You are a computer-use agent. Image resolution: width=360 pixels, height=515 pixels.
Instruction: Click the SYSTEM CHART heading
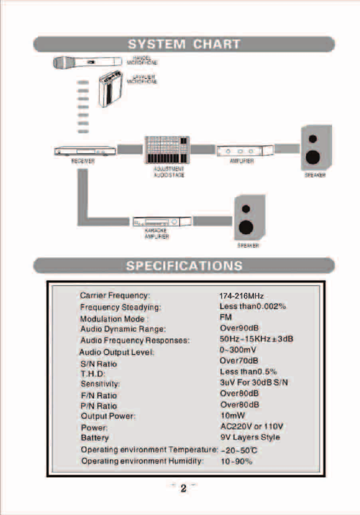pos(184,44)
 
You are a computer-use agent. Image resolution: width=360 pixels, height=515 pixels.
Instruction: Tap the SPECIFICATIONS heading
pos(184,265)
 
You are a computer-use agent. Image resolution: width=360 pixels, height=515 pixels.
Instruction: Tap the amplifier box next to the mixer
pos(244,151)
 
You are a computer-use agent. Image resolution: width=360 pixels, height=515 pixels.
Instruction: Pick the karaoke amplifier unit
pos(162,221)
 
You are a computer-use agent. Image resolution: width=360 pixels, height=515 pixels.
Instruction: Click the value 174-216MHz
pos(241,296)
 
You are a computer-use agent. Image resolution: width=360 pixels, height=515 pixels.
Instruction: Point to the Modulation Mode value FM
pos(225,317)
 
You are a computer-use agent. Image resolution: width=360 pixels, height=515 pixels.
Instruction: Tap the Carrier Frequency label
pos(115,296)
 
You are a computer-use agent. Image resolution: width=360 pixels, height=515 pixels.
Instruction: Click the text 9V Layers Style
pos(250,437)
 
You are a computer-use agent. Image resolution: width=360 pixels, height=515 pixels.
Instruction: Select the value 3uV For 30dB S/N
pos(254,382)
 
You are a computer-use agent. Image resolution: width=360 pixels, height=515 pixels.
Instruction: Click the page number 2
pos(183,489)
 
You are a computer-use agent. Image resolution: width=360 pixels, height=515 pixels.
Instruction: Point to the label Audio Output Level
pos(117,352)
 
